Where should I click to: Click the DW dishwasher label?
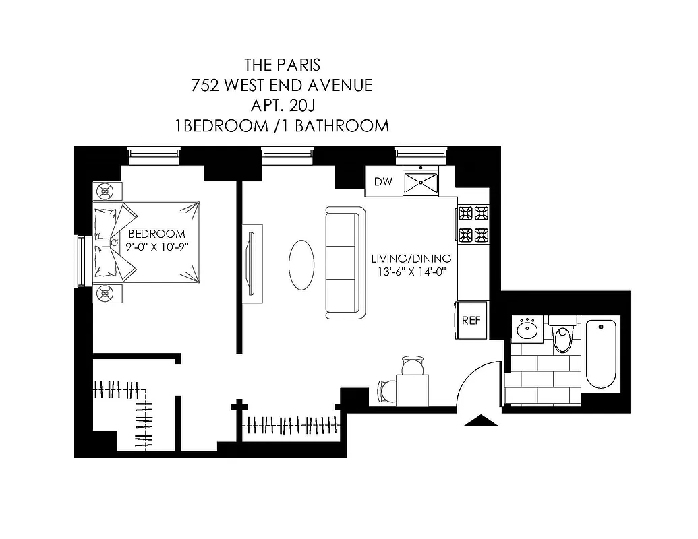tap(383, 181)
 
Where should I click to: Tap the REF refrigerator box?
tap(471, 320)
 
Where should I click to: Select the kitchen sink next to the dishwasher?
tap(421, 181)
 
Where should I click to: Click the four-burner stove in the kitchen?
tap(473, 224)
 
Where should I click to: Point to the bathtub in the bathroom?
tap(600, 354)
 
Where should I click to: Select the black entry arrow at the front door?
tap(481, 420)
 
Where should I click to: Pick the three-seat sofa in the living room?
tap(345, 263)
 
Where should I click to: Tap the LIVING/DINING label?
tap(411, 259)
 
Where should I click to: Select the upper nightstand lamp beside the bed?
tap(106, 191)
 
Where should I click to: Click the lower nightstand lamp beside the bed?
tap(106, 293)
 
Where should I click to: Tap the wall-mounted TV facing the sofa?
tap(252, 263)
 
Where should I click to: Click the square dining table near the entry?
tap(412, 389)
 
